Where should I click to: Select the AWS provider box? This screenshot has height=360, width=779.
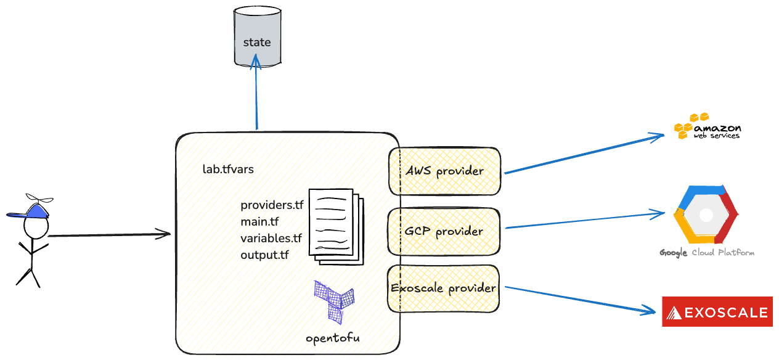click(444, 171)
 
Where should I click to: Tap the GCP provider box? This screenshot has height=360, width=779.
click(444, 231)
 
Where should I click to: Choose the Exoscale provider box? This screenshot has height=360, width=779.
click(444, 288)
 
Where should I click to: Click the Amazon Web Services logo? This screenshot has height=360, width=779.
click(706, 126)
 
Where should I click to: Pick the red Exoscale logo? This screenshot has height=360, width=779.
click(717, 311)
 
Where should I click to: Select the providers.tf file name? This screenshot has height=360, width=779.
click(272, 205)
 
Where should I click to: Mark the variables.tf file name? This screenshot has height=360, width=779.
click(271, 238)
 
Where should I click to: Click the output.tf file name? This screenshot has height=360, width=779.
click(265, 255)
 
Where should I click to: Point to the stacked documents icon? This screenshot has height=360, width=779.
click(336, 226)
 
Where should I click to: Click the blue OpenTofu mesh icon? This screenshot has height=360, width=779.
click(334, 301)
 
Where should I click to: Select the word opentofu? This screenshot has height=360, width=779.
click(333, 338)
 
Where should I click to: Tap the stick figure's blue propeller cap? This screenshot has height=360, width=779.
click(31, 210)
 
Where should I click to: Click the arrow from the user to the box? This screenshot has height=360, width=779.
click(108, 235)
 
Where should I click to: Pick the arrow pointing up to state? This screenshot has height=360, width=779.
click(256, 99)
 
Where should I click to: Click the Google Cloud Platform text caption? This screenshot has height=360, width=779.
click(706, 253)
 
